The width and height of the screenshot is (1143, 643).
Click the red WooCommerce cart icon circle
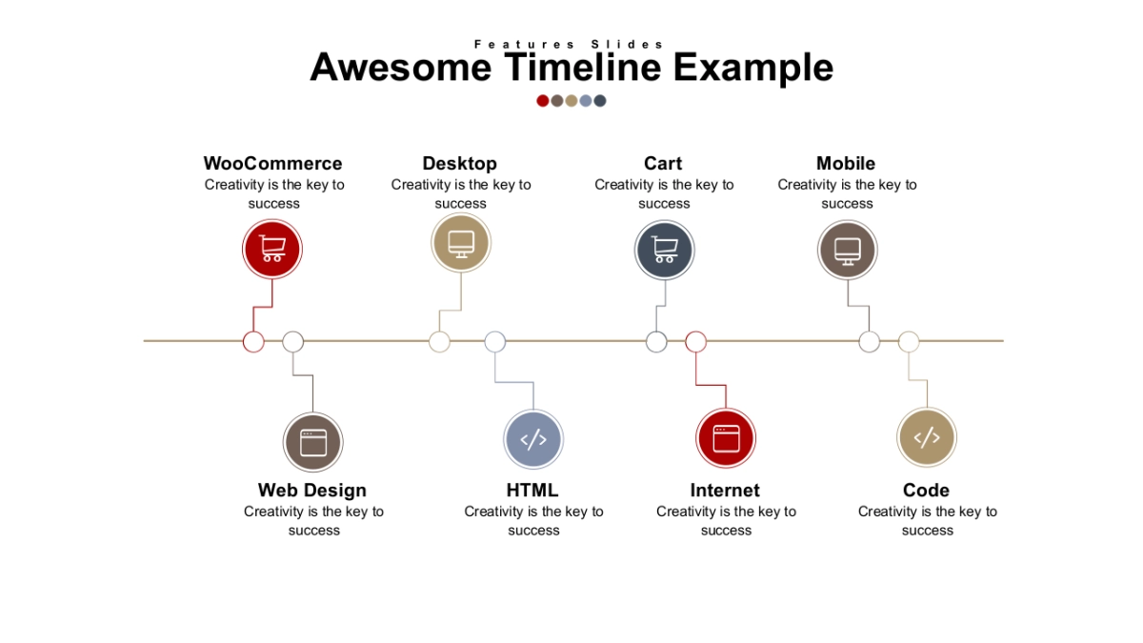click(272, 249)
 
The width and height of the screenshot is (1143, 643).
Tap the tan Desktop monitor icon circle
click(461, 242)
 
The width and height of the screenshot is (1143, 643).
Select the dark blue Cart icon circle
click(665, 250)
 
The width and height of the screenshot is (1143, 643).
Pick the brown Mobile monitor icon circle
click(848, 250)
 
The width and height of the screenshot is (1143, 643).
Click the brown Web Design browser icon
click(312, 442)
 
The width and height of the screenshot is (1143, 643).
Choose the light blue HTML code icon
click(533, 439)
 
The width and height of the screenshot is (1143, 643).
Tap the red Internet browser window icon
click(726, 438)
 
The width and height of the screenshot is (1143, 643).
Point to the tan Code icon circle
click(927, 437)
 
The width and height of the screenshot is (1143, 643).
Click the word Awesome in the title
click(401, 68)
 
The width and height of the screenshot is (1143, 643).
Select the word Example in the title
click(753, 69)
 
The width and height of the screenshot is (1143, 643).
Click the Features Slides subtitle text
click(569, 45)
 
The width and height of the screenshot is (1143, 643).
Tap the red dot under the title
click(542, 101)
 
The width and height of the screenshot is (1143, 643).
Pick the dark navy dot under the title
click(600, 101)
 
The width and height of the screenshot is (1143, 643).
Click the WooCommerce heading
click(273, 163)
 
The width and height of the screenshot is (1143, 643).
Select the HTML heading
click(532, 490)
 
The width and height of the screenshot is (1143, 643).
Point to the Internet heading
click(725, 490)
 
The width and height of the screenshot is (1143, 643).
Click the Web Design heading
click(312, 491)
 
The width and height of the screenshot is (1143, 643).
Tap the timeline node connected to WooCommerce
click(253, 341)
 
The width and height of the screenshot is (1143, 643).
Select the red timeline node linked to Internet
click(696, 341)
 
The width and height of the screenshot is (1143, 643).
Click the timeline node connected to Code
click(909, 341)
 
